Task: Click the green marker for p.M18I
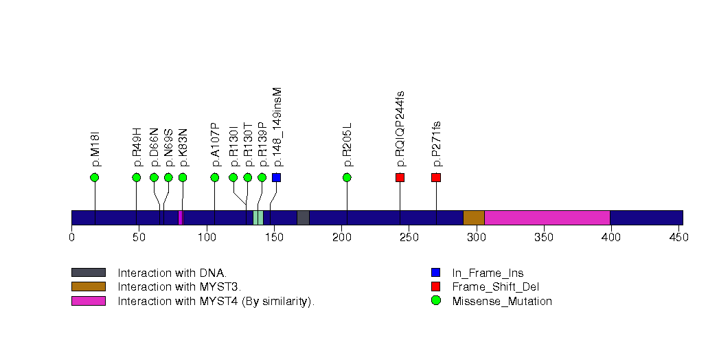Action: click(x=95, y=177)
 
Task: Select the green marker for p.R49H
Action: click(x=137, y=177)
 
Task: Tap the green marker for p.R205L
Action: click(x=347, y=177)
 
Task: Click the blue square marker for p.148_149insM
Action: click(x=276, y=177)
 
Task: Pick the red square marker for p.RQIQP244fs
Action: click(x=400, y=177)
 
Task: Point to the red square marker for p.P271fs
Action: click(x=436, y=177)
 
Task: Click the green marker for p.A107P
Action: click(x=215, y=177)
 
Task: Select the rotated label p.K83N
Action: click(x=183, y=147)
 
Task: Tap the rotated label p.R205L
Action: click(x=347, y=145)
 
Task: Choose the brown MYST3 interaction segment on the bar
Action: click(x=474, y=218)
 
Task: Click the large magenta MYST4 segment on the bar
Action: click(x=547, y=218)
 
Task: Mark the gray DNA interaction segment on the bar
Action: click(x=303, y=218)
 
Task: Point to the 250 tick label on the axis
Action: click(x=409, y=238)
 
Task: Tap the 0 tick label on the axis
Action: click(x=72, y=238)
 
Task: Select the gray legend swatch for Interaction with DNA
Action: click(x=89, y=273)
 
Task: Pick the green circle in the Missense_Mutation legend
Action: click(x=435, y=301)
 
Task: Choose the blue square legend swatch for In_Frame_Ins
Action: click(x=435, y=273)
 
